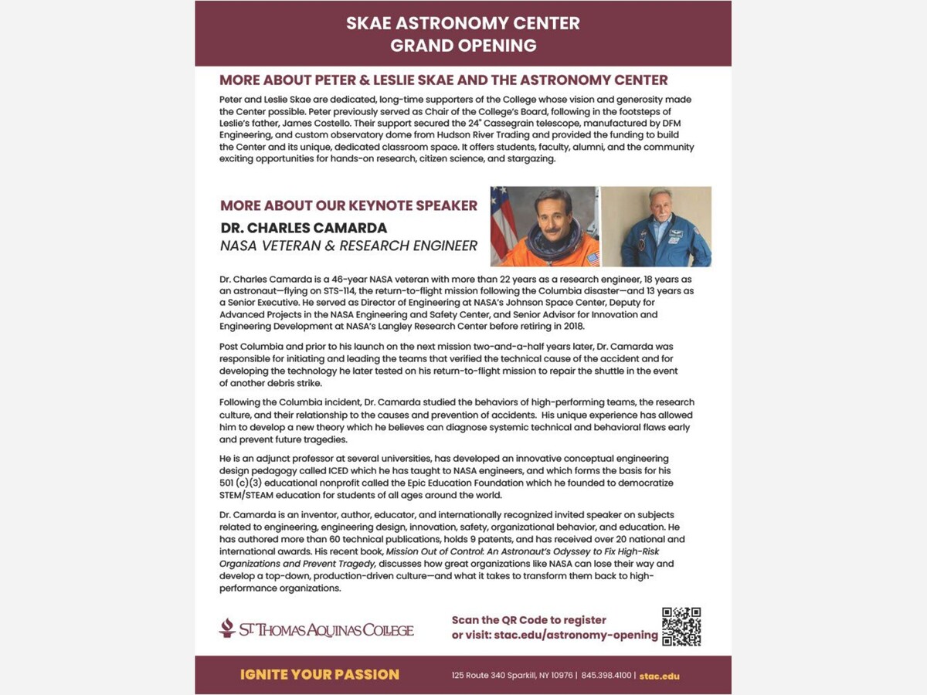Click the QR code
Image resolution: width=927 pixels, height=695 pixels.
coord(681,626)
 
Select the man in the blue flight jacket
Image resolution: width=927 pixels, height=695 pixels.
coord(657,228)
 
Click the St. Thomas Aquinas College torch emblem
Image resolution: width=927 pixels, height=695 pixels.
coord(226,628)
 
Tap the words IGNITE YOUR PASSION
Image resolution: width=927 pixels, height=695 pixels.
coord(320,675)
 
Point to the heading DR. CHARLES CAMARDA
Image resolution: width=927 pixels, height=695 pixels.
coord(304,229)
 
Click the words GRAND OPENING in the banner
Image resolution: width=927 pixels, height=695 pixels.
coord(463,46)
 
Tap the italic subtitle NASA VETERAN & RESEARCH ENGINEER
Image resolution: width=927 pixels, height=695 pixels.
coord(348,246)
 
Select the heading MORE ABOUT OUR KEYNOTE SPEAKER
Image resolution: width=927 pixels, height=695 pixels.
coord(348,206)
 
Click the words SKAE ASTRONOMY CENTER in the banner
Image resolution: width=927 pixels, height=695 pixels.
coord(463,22)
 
